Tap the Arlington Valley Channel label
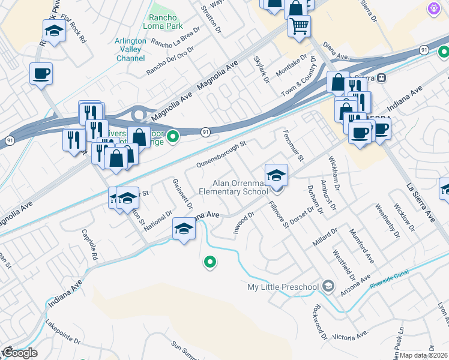130,50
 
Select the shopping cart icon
298,26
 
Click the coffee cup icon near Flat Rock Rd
41,74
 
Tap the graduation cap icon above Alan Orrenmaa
276,175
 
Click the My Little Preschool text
283,287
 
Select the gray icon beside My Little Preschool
328,286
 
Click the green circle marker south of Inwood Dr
210,262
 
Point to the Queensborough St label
221,155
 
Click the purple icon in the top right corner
433,8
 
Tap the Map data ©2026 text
424,355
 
